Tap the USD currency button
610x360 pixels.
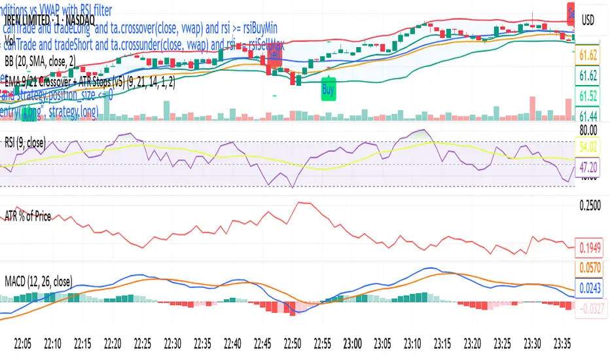pyautogui.click(x=588, y=20)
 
